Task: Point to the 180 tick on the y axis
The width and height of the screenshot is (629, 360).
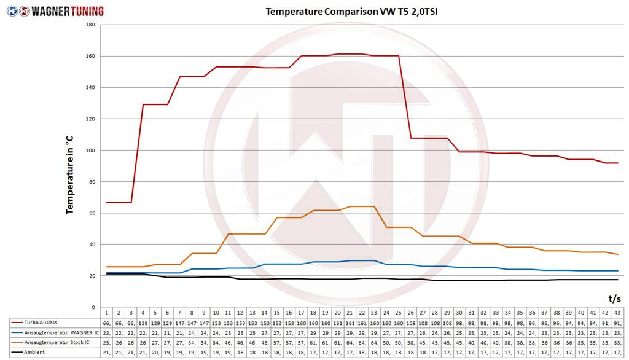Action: tap(90, 25)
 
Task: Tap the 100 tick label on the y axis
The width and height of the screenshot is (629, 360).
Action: tap(90, 150)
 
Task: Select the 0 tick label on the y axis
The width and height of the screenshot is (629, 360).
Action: tap(93, 307)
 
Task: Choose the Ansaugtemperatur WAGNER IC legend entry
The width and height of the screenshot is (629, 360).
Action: tap(53, 332)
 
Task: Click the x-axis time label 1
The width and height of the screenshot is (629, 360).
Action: tap(106, 313)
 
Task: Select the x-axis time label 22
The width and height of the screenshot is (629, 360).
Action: tap(361, 313)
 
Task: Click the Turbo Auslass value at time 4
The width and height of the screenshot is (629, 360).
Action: tap(143, 323)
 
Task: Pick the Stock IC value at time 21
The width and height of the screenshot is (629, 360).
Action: tap(350, 342)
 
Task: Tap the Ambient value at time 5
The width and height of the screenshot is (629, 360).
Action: tap(155, 352)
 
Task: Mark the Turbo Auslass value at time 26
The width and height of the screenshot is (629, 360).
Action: tap(410, 323)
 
